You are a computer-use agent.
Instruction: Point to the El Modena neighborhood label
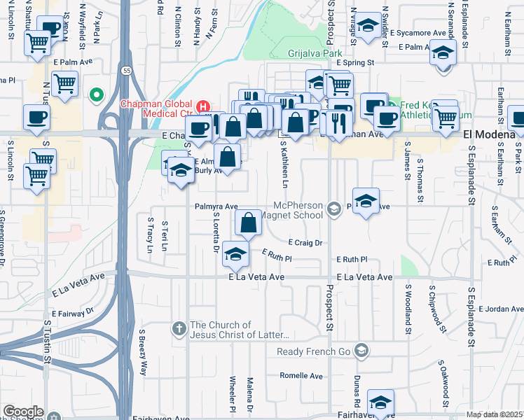[x=489, y=134]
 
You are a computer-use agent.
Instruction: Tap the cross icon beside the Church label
[x=179, y=328]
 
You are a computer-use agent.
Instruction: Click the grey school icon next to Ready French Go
[x=361, y=350]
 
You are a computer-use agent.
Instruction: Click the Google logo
[x=23, y=412]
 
